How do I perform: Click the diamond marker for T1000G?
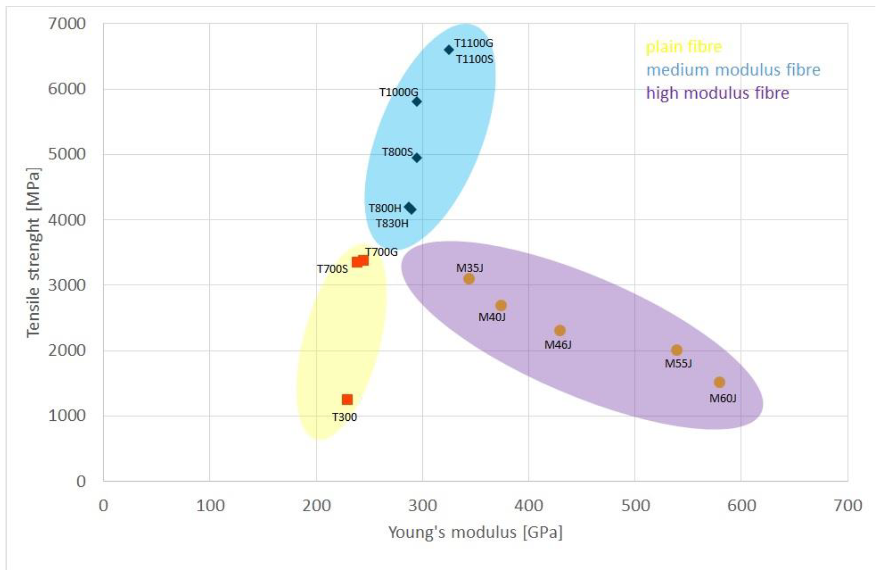click(417, 101)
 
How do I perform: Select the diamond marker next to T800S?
click(417, 158)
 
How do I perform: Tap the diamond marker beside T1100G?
click(449, 50)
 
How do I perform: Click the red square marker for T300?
click(347, 399)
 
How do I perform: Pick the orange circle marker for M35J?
click(469, 279)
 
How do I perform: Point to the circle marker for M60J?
click(719, 382)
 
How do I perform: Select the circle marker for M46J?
click(560, 330)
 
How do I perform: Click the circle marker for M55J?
click(676, 350)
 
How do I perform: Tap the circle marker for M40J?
click(501, 305)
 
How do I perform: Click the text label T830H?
click(392, 224)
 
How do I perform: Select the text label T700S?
click(332, 269)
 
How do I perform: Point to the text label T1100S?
click(474, 59)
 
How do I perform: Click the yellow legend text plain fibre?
click(683, 47)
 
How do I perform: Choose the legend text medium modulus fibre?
click(733, 70)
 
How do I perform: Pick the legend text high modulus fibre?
click(717, 93)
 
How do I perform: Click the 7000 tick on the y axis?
click(67, 24)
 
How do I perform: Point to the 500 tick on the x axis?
click(635, 506)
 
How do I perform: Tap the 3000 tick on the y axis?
click(67, 285)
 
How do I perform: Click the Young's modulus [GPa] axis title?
click(475, 533)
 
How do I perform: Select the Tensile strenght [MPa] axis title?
click(33, 253)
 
